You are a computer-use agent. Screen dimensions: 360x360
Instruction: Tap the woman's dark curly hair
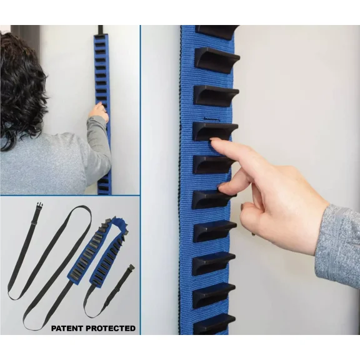[22, 87]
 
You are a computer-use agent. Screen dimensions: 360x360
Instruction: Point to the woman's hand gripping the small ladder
[99, 112]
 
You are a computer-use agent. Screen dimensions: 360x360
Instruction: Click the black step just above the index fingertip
[214, 129]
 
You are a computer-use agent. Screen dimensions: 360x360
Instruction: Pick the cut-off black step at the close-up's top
[216, 30]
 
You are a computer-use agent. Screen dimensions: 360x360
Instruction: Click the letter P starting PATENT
[53, 327]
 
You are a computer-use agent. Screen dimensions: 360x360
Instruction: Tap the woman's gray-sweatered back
[44, 169]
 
